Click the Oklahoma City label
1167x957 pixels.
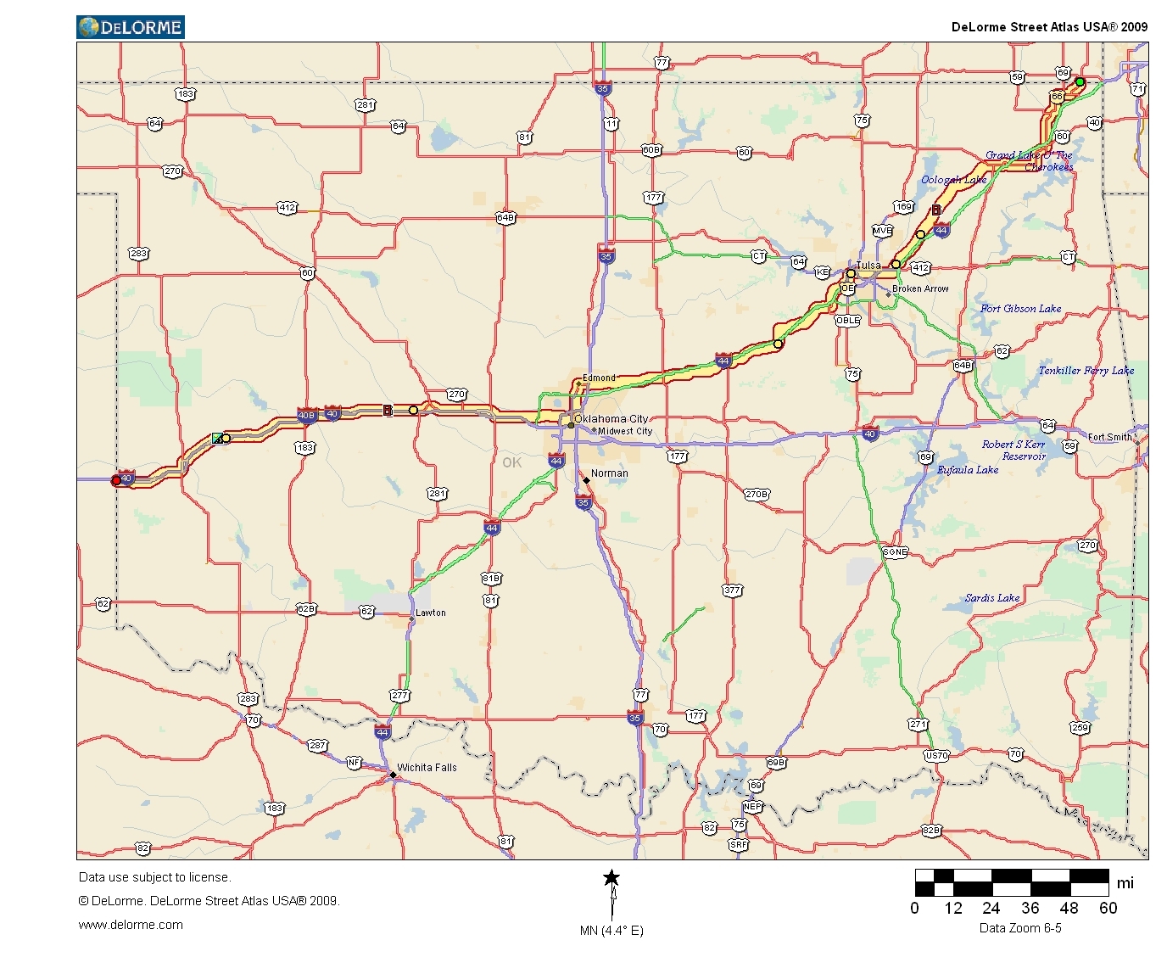click(x=611, y=418)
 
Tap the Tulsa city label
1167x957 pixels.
click(x=868, y=266)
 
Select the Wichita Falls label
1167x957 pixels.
click(x=427, y=768)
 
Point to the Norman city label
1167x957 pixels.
click(x=609, y=473)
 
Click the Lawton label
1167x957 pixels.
click(x=430, y=613)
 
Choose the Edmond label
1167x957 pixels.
click(x=599, y=378)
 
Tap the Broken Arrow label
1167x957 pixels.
click(x=920, y=288)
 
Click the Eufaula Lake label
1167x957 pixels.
click(x=968, y=470)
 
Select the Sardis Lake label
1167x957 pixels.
click(x=992, y=598)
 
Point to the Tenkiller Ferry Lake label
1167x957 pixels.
click(x=1086, y=371)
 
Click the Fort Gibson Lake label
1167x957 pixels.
click(x=1020, y=309)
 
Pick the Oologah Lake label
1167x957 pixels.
click(x=954, y=180)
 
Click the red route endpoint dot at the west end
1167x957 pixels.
click(x=116, y=481)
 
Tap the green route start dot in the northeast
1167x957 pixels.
click(x=1080, y=82)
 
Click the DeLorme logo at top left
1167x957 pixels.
click(x=131, y=27)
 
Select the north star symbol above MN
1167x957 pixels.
click(x=611, y=878)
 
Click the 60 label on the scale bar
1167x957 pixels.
click(x=1108, y=908)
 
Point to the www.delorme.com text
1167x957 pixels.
click(x=131, y=925)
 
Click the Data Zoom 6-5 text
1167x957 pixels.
click(x=1020, y=928)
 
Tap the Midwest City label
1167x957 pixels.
click(x=625, y=431)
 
